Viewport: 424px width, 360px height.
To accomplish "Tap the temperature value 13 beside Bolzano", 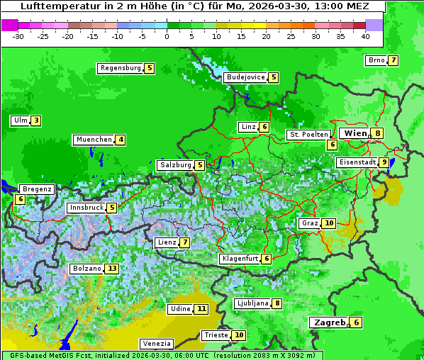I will (112, 269).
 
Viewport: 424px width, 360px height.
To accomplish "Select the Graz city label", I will (309, 223).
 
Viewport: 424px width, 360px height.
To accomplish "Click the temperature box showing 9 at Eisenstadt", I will (384, 162).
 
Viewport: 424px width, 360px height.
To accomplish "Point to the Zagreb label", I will (329, 322).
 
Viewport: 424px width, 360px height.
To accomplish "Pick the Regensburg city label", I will (121, 68).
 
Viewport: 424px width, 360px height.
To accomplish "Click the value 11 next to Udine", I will (202, 309).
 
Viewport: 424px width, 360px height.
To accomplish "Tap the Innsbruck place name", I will (86, 208).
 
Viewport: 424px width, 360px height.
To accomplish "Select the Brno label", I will (376, 60).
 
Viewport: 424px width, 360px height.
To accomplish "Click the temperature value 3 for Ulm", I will (35, 120).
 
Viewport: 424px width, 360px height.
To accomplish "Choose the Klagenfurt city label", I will (240, 259).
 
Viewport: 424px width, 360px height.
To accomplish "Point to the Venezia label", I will (155, 344).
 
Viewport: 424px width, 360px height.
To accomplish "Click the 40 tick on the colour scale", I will (365, 36).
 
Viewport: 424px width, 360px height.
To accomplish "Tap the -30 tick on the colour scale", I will (18, 36).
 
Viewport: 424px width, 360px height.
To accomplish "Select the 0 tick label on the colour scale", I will (167, 36).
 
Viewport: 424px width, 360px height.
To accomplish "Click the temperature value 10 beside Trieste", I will (240, 335).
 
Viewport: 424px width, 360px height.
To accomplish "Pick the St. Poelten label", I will (308, 134).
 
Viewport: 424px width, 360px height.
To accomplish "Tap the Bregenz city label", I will (37, 189).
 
